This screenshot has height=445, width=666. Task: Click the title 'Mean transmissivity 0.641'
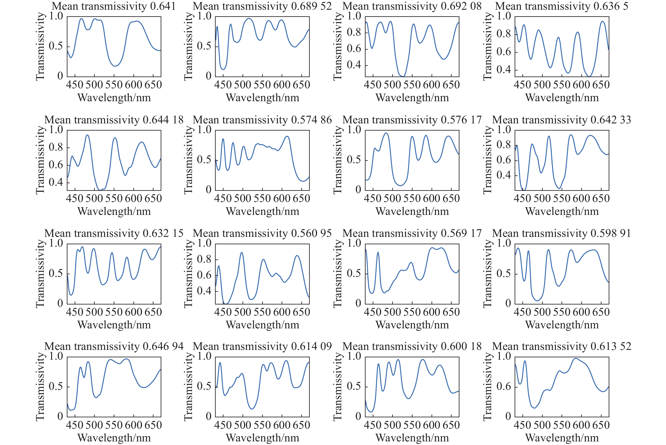pos(114,6)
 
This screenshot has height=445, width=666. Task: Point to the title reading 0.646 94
pos(114,346)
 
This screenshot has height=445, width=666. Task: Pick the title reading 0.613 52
pos(562,346)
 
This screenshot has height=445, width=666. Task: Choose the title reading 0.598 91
pos(562,233)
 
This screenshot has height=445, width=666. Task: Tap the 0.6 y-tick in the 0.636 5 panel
pos(504,52)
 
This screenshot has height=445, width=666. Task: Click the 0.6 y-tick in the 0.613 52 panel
pos(504,386)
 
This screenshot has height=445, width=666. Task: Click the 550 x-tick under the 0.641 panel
pos(114,85)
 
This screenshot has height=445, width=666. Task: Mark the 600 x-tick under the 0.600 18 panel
pos(432,425)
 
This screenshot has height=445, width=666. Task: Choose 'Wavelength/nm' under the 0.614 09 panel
pos(262,438)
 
